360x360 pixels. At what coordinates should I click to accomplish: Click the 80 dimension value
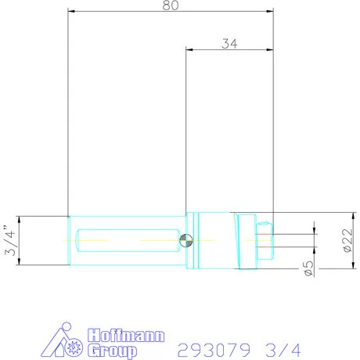click(171, 5)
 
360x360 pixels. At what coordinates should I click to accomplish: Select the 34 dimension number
click(229, 44)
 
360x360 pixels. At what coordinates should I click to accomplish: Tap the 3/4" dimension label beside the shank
click(9, 241)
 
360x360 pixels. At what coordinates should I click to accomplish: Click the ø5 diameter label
click(310, 270)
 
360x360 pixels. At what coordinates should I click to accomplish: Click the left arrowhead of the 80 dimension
click(71, 12)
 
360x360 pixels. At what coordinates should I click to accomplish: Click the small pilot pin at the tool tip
click(265, 240)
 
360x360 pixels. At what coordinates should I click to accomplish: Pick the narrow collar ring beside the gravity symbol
click(195, 241)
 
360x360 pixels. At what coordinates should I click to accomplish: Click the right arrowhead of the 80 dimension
click(270, 12)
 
